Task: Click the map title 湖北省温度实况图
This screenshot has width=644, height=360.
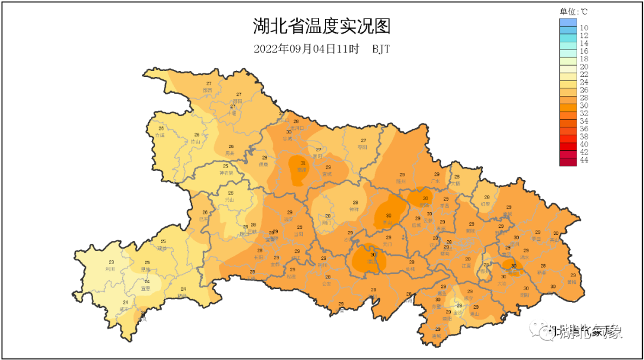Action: tap(322, 27)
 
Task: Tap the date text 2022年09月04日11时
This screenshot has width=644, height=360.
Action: tap(306, 49)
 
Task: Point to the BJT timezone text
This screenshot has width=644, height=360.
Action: tap(381, 49)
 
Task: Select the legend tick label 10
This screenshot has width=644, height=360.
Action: tap(584, 28)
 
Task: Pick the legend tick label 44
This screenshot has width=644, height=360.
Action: tap(584, 160)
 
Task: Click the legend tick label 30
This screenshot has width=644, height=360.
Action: tap(584, 105)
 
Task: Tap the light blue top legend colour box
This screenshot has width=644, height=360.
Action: tap(568, 22)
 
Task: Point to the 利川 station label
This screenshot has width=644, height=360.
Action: tap(110, 269)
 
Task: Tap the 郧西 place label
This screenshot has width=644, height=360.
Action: tap(208, 90)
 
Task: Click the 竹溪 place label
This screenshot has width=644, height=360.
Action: tap(160, 135)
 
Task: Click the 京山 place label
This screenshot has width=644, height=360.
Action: tap(389, 222)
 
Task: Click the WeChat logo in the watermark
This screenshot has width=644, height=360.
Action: tap(547, 331)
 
